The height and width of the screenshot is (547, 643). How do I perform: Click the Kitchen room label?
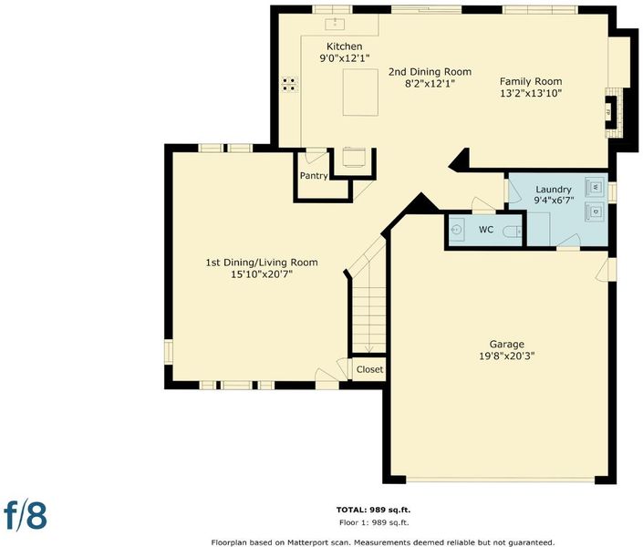tap(344, 46)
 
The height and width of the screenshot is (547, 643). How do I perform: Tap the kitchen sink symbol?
tap(335, 24)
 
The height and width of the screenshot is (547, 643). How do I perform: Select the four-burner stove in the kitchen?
tap(289, 85)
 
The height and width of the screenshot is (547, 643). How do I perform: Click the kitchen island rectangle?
tap(360, 92)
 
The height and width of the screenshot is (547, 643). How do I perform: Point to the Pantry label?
tap(314, 176)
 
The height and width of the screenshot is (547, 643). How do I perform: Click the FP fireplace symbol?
tap(611, 112)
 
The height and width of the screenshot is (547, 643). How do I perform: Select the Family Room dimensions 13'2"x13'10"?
tap(531, 93)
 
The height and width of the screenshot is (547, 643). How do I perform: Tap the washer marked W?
tap(595, 188)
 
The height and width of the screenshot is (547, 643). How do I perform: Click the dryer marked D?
tap(595, 212)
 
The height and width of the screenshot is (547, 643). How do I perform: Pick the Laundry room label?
tap(554, 190)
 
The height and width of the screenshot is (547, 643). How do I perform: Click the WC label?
tap(486, 230)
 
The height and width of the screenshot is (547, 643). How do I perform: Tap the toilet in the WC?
tap(513, 232)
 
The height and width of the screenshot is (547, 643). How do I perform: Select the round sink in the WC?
tap(456, 230)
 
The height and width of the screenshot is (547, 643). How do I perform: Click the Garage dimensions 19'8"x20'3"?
tap(507, 356)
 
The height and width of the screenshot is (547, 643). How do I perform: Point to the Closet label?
tap(369, 369)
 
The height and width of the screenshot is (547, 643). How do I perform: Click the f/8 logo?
tap(26, 514)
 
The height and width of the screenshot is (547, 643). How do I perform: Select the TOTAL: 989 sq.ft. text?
tap(373, 511)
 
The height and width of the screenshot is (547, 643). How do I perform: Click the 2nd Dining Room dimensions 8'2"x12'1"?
tap(430, 84)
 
